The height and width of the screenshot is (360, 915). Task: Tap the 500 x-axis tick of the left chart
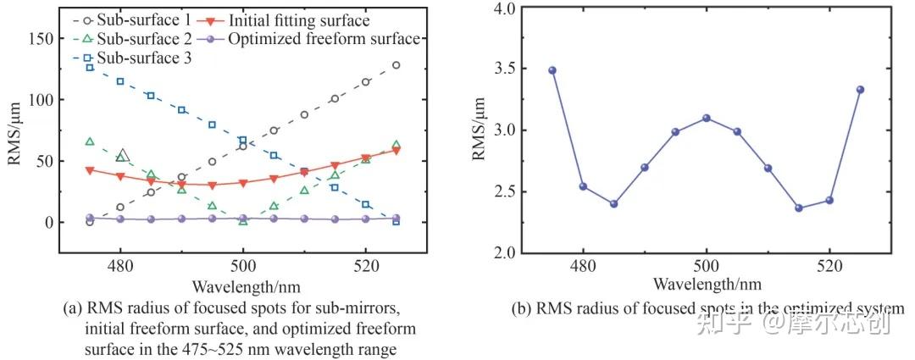(243, 265)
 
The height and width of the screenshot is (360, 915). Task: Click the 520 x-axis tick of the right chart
(829, 265)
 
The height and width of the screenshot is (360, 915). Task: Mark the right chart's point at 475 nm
(552, 70)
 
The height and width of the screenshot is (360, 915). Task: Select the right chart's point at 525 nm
(860, 90)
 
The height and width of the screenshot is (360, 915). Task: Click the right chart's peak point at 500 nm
(706, 118)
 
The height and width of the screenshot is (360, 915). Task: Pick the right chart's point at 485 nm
(614, 203)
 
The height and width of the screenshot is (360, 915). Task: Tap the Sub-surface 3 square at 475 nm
(90, 68)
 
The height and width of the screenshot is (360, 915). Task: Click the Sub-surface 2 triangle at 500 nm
(243, 221)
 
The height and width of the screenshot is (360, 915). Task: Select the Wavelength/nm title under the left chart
(243, 285)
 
